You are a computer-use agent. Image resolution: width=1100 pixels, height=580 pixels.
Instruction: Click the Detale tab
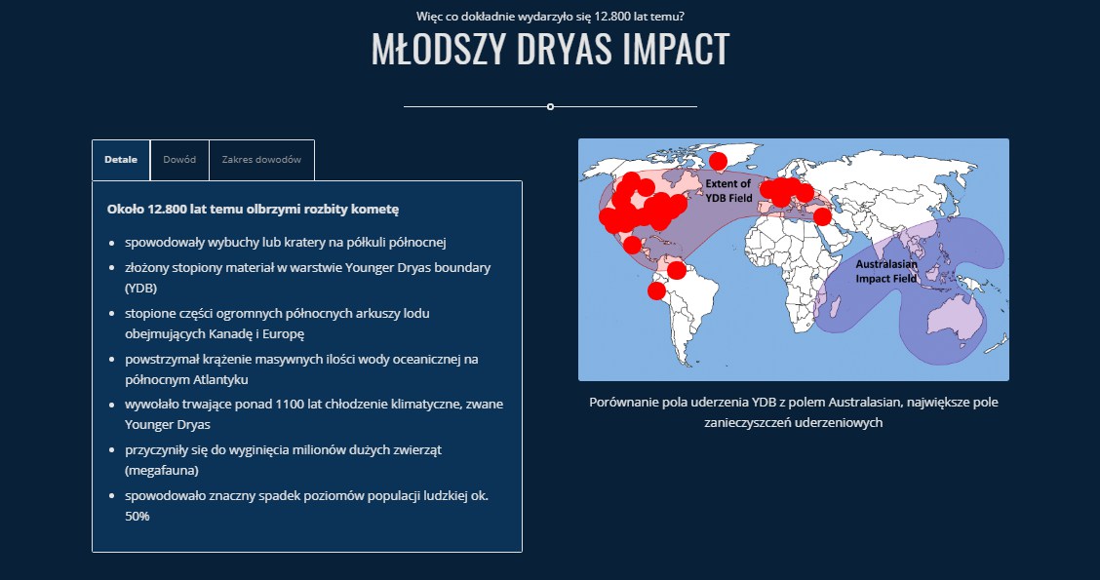tap(121, 160)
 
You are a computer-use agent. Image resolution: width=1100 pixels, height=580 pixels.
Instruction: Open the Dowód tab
tap(179, 160)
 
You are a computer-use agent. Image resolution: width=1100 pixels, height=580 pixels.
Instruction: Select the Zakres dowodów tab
tap(261, 160)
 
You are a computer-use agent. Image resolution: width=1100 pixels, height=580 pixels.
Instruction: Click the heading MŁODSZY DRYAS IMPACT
tap(551, 49)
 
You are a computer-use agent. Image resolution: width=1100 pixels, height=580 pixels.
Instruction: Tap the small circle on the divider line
tap(551, 106)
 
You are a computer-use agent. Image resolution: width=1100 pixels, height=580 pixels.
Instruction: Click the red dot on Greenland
tap(718, 161)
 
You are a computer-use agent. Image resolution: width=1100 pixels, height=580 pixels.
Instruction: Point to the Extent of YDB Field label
tap(728, 191)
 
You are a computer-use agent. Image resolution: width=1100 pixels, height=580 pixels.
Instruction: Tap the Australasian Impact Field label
tap(886, 271)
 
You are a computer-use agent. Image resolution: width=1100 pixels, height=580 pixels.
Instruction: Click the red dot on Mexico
tap(632, 245)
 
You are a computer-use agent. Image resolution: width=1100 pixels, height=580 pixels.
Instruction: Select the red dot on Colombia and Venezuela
tap(676, 270)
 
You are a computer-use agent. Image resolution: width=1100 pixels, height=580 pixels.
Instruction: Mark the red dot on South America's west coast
tap(656, 290)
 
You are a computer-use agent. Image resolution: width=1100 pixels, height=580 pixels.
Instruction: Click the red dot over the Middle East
tap(822, 216)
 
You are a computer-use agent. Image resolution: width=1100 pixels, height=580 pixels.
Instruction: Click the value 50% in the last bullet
tap(137, 517)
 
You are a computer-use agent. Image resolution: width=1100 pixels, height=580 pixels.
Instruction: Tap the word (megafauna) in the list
tap(161, 471)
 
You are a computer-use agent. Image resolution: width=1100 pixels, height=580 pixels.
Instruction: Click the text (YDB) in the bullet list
tap(141, 289)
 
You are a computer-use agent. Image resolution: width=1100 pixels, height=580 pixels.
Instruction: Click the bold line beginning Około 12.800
tap(253, 209)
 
